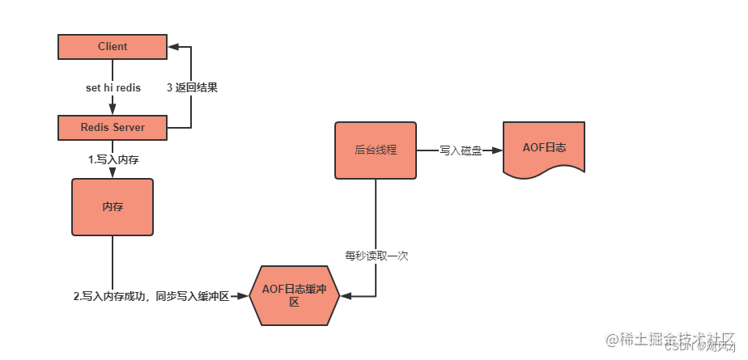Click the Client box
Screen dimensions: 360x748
point(113,47)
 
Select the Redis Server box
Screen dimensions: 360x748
point(113,127)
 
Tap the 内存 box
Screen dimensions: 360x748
point(113,207)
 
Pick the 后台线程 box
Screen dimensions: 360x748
point(376,150)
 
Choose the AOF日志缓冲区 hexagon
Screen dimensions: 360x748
point(295,296)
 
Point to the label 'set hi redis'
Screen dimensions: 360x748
point(113,87)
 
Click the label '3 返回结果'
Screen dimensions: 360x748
point(192,87)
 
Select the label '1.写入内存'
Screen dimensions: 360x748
point(113,160)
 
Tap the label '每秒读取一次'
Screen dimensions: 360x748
point(376,256)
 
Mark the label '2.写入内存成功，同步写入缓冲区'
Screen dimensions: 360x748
point(152,297)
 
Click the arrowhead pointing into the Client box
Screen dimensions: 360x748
point(173,47)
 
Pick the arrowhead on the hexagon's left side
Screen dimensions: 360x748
point(244,297)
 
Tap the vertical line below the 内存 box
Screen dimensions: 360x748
point(113,263)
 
